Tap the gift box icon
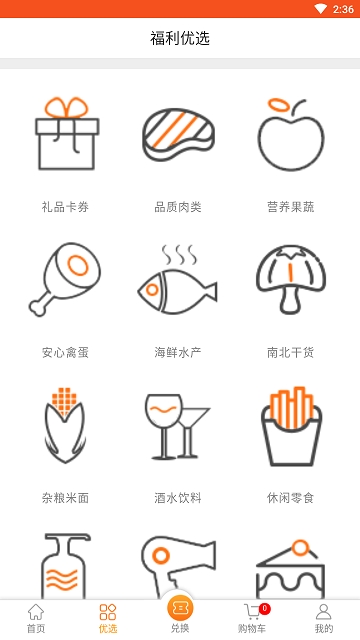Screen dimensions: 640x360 pyautogui.click(x=66, y=135)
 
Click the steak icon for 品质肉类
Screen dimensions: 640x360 pyautogui.click(x=178, y=135)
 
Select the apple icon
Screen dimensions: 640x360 pyautogui.click(x=290, y=135)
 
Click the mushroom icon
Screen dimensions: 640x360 pyautogui.click(x=290, y=280)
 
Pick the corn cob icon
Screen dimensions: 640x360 pyautogui.click(x=66, y=425)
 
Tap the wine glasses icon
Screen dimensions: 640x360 pyautogui.click(x=178, y=425)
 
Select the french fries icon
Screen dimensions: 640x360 pyautogui.click(x=290, y=425)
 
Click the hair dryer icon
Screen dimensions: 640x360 pyautogui.click(x=178, y=565)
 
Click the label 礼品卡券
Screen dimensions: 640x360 pyautogui.click(x=66, y=207)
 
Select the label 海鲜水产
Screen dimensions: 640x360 pyautogui.click(x=178, y=352)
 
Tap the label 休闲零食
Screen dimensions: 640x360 pyautogui.click(x=290, y=497)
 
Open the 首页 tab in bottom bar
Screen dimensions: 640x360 pyautogui.click(x=36, y=618)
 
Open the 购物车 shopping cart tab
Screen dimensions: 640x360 pyautogui.click(x=252, y=618)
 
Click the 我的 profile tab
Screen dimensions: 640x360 pyautogui.click(x=324, y=618)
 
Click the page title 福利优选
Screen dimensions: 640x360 pyautogui.click(x=180, y=39)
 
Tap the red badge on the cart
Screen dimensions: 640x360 pyautogui.click(x=264, y=608)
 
